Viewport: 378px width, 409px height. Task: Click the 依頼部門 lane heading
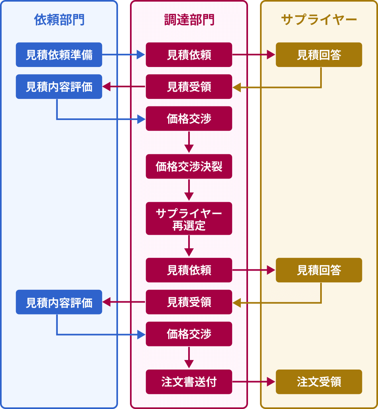pos(59,20)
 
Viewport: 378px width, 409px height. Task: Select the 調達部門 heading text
pos(189,20)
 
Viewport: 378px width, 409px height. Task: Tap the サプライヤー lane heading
pos(319,20)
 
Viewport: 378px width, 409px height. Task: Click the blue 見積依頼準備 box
pos(59,55)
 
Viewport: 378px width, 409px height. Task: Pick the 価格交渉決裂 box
pos(189,166)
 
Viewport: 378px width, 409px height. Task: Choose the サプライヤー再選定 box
pos(189,219)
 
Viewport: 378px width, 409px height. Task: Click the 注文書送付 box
pos(189,382)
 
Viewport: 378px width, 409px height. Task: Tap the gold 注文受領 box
pos(319,382)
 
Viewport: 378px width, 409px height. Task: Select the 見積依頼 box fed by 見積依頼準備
pos(189,55)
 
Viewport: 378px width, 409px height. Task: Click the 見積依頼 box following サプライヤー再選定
pos(189,270)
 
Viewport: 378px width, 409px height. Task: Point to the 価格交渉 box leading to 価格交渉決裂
pos(189,118)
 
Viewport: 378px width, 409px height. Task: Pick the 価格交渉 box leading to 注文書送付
pos(189,334)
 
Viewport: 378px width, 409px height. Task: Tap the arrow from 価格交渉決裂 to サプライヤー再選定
pos(189,190)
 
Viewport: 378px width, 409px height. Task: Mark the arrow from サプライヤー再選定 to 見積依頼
pos(189,246)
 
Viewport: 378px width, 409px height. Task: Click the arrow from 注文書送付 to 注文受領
pos(254,382)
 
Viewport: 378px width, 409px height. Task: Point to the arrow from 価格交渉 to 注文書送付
pos(189,357)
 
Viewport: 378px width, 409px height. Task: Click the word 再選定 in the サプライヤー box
pos(189,226)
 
